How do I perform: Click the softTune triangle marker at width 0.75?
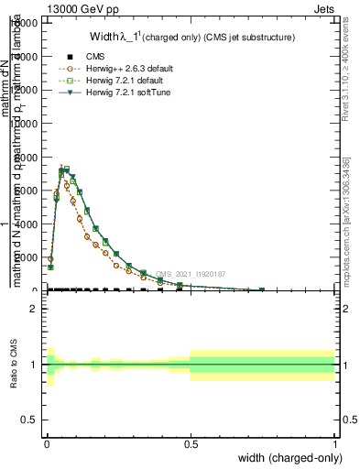click(262, 289)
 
